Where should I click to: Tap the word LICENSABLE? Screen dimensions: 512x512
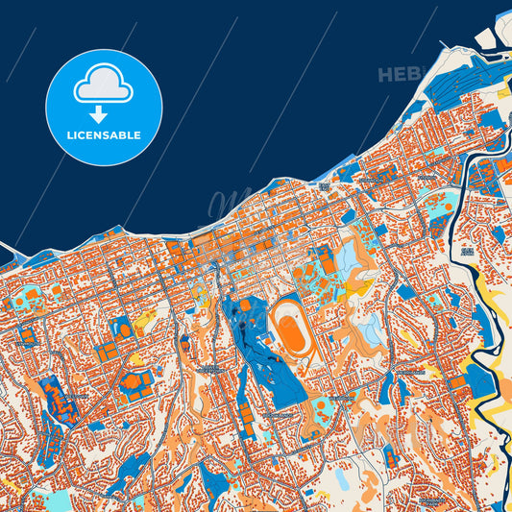(x=104, y=135)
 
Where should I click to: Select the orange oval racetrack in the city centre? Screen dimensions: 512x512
(x=290, y=330)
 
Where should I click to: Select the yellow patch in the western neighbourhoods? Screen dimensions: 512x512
(x=145, y=319)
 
